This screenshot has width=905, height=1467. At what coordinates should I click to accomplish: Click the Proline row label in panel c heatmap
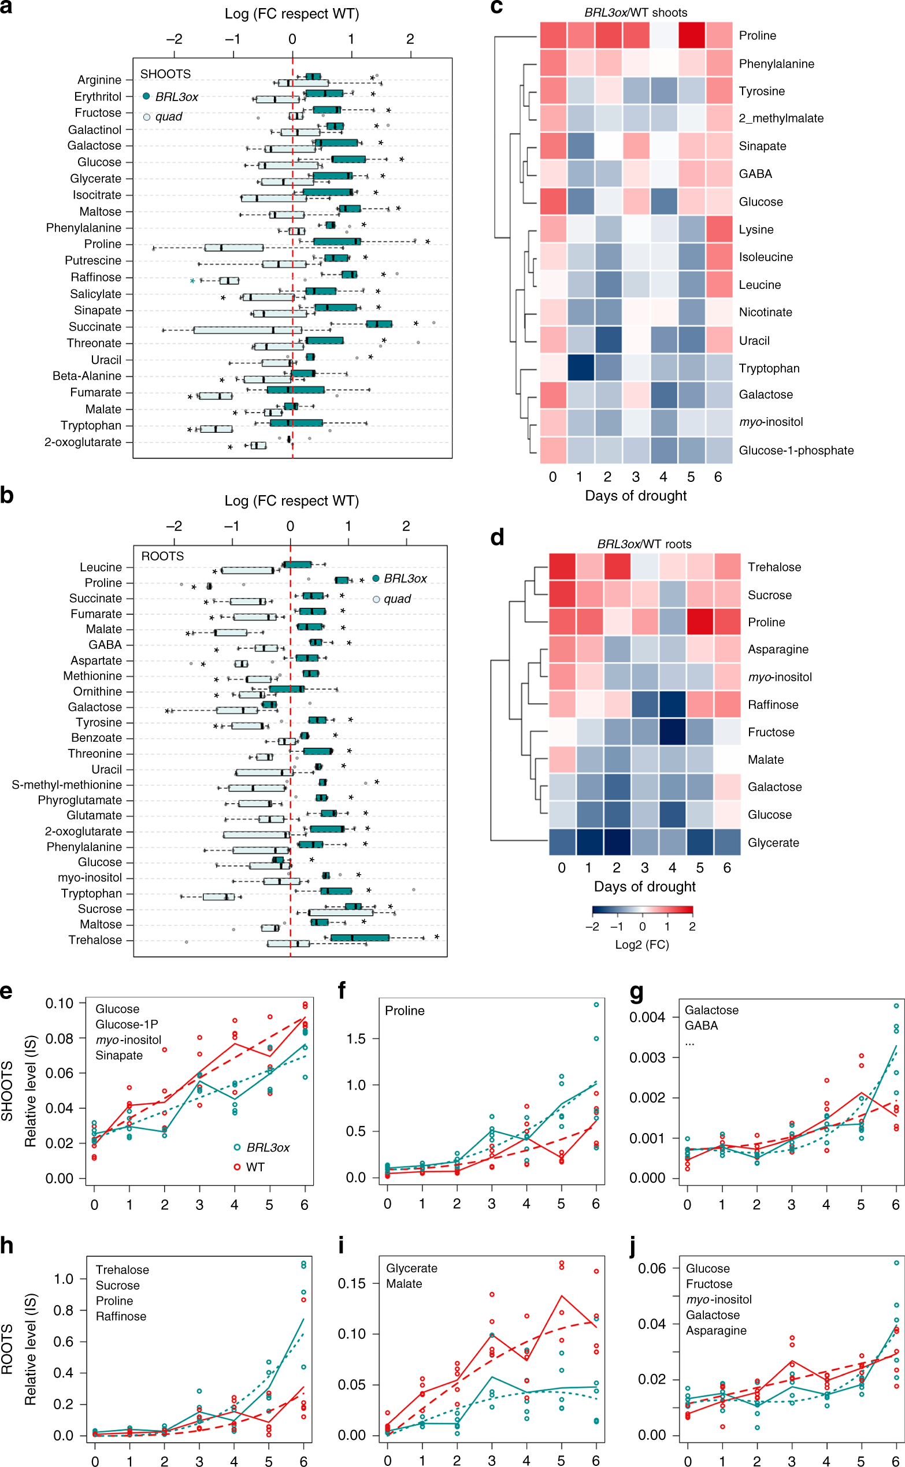(757, 36)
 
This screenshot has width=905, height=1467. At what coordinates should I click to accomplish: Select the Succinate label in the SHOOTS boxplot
(95, 326)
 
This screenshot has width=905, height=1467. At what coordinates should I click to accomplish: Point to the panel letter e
(6, 991)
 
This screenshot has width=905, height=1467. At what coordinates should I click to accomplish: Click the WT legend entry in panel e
(255, 1167)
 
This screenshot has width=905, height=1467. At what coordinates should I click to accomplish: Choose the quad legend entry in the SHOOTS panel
(168, 117)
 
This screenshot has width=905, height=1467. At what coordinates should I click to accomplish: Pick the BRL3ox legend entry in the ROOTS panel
(405, 578)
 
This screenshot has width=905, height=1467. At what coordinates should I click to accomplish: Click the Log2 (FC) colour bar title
(641, 945)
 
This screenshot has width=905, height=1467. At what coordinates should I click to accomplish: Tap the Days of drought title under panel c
(636, 496)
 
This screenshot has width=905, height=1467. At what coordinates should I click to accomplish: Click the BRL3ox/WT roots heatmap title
(644, 544)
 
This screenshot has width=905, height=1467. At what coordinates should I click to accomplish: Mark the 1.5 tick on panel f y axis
(356, 1039)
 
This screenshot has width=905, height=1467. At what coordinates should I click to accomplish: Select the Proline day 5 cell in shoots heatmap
(691, 35)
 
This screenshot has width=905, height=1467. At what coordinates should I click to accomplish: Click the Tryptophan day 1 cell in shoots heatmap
(581, 368)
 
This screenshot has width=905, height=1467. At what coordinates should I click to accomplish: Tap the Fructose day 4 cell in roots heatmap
(672, 731)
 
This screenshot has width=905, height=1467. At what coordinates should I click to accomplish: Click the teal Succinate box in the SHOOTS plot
(379, 324)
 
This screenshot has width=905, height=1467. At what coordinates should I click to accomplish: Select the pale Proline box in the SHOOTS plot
(233, 247)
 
